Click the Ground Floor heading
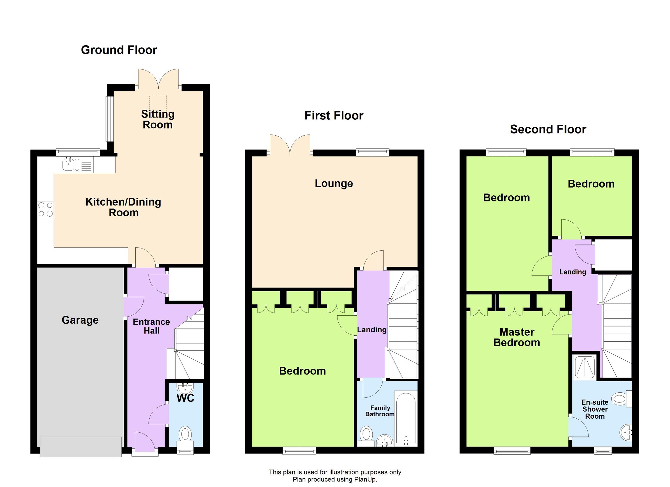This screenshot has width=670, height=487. (119, 50)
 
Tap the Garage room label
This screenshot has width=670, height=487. (80, 320)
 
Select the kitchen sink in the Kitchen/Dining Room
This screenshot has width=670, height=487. (69, 164)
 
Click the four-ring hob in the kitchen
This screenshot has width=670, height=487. (46, 209)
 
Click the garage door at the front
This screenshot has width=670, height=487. (81, 447)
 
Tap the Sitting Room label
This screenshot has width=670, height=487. (157, 119)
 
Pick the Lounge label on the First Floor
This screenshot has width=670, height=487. (334, 183)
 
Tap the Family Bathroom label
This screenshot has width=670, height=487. (380, 411)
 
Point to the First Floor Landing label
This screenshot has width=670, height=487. (372, 330)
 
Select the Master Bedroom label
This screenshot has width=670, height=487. (517, 337)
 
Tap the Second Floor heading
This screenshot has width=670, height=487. (548, 129)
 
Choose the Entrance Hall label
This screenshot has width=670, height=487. (151, 326)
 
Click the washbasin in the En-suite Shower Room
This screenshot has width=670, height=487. (625, 433)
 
